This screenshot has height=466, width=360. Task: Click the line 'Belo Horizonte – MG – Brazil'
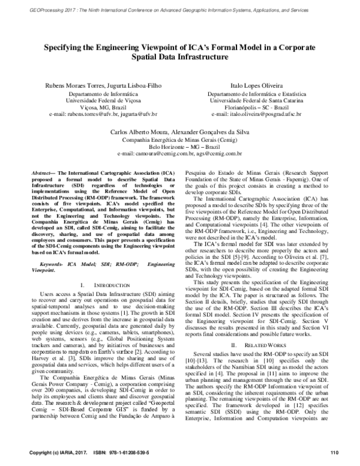coord(180,147)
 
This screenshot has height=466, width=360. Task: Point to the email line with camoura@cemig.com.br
coord(180,153)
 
